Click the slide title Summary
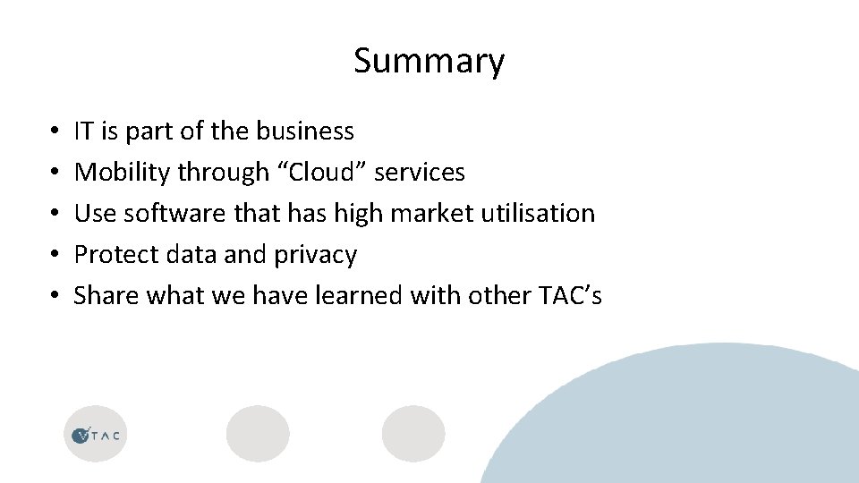pos(429,61)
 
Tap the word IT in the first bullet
pos(84,131)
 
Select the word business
pos(305,131)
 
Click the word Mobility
pos(123,172)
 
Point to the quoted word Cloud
pos(322,172)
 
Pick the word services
pos(419,172)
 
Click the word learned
pos(359,295)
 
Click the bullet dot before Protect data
pos(55,256)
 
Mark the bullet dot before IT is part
pos(55,132)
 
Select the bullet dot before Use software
pos(55,214)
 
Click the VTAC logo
pos(96,435)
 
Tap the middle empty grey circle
pos(258,434)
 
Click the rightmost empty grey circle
pos(413,434)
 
